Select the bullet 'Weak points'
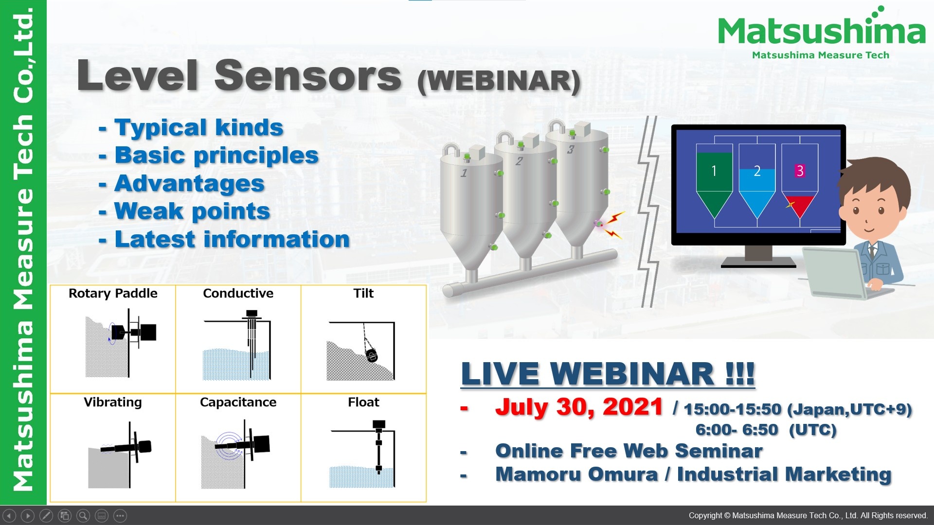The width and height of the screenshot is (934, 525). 192,211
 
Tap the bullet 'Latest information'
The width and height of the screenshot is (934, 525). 232,240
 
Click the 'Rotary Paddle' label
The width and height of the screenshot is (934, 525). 113,293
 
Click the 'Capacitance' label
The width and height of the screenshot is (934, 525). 238,402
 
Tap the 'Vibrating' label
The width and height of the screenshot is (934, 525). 113,402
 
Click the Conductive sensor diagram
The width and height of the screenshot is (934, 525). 237,346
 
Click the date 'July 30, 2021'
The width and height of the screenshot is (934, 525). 578,407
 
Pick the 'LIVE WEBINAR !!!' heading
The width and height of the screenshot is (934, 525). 608,374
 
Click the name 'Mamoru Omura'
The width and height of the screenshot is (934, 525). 576,474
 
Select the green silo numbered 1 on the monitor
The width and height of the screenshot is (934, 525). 714,180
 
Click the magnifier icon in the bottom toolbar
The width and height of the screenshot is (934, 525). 83,516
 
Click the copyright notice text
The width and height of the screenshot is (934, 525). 808,515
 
